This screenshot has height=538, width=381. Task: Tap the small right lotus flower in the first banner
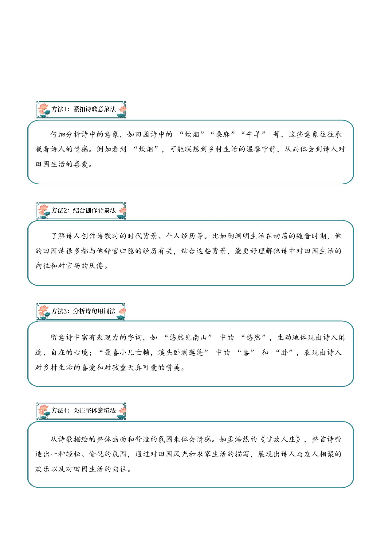123,109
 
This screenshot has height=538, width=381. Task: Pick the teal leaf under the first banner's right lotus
121,115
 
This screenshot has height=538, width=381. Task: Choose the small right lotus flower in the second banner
123,210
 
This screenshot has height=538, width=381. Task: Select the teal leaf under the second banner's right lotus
121,217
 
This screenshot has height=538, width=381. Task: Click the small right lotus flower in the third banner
123,311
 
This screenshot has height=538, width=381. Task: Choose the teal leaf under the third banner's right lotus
120,317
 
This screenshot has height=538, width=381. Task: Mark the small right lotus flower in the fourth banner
123,410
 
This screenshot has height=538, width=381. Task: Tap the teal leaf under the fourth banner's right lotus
121,417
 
